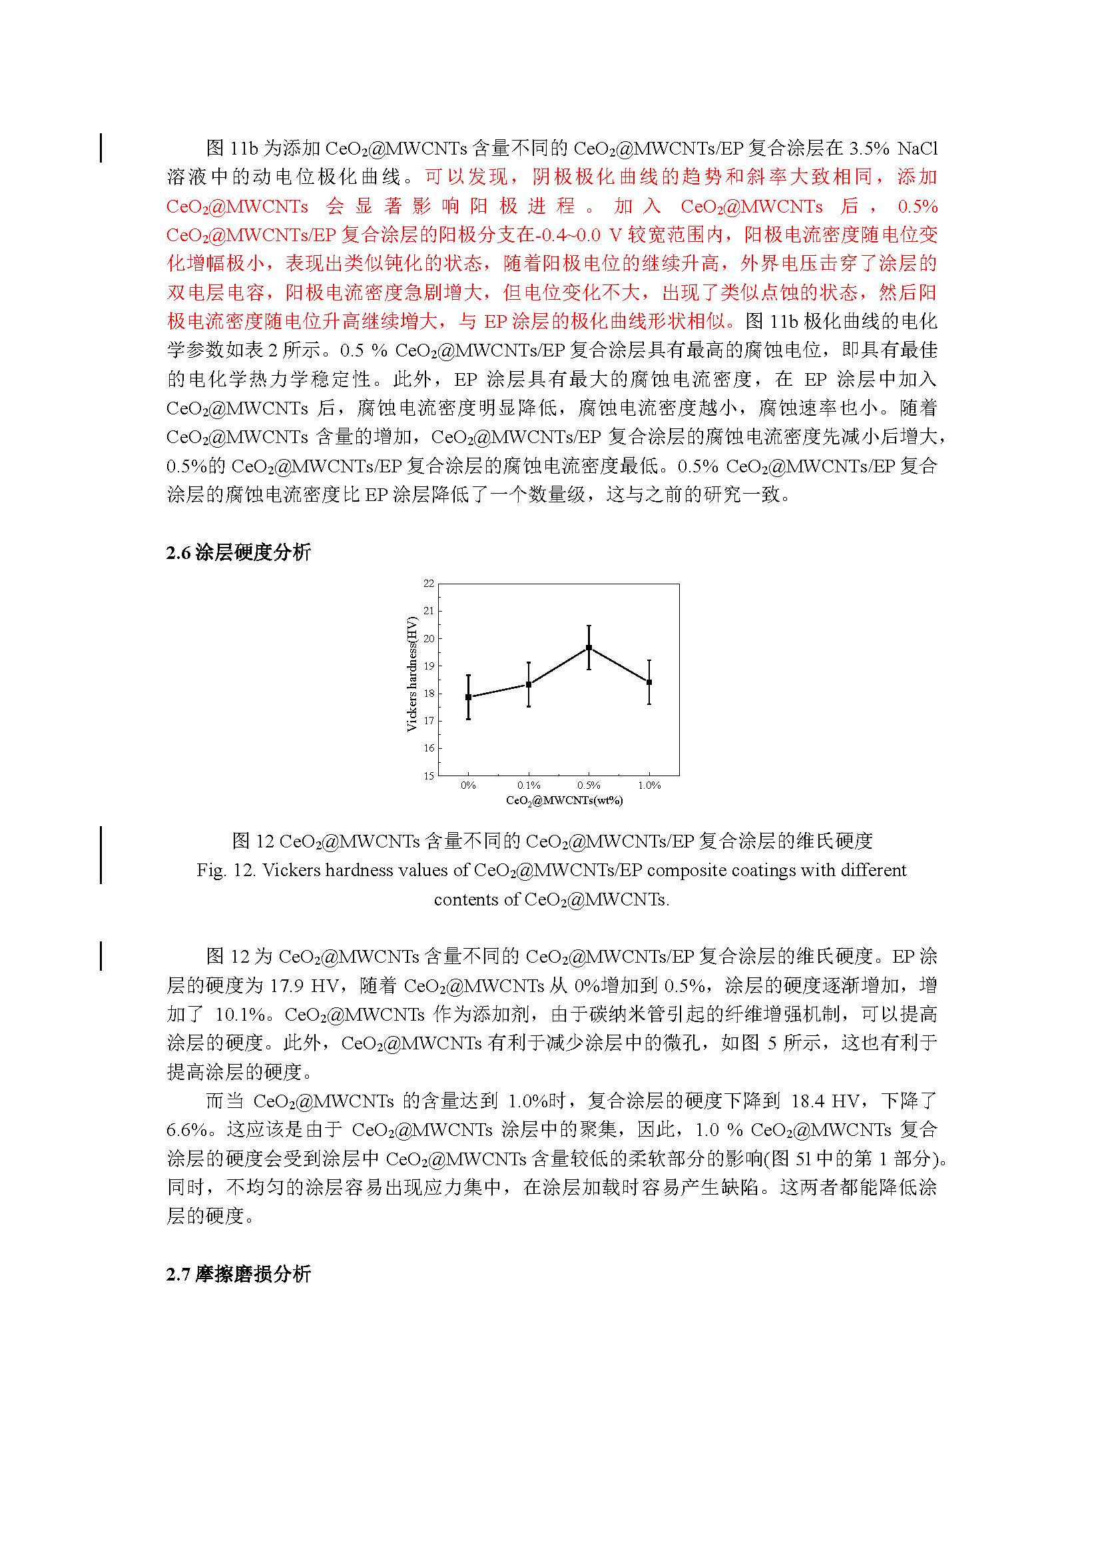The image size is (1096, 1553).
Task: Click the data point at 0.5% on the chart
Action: pos(589,648)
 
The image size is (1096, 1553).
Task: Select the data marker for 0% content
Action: pos(468,697)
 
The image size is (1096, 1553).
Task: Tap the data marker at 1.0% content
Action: pos(649,682)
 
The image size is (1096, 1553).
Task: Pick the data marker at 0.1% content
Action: pos(529,684)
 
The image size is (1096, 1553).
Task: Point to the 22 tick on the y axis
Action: pos(429,583)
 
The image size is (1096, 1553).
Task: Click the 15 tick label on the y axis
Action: pos(429,776)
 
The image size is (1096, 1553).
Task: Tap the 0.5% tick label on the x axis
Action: pos(589,785)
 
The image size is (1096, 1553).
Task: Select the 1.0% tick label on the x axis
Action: pos(649,785)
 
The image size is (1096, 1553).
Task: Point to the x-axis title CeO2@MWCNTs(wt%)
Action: pos(565,800)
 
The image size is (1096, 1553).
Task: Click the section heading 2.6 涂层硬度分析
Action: pos(238,552)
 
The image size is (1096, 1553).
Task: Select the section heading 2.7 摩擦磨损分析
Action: pos(238,1275)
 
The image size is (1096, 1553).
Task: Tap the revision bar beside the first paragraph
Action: pos(101,148)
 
